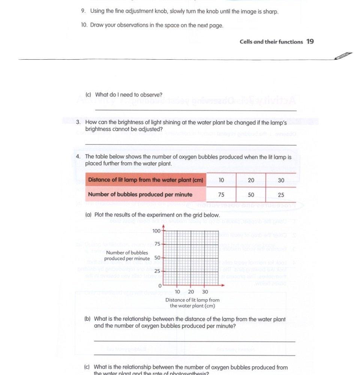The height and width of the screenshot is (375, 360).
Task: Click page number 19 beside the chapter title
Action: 310,42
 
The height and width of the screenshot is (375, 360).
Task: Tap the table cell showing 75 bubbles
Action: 221,195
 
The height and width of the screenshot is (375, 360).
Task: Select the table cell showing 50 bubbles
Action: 251,195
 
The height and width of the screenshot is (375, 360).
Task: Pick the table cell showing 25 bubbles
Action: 281,195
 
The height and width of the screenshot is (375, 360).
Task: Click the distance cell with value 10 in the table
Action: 221,180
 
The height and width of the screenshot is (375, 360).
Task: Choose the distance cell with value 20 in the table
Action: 251,180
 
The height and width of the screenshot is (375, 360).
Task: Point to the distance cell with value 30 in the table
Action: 281,180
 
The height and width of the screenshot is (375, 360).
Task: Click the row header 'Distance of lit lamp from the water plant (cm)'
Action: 145,180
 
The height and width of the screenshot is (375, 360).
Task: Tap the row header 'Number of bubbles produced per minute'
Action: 140,195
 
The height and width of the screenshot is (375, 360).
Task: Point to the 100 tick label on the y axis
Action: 156,230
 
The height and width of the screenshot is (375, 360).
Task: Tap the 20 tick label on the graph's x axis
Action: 191,292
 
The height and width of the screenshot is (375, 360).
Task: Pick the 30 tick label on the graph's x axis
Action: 205,292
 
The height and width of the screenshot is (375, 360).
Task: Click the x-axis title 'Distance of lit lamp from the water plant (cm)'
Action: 192,303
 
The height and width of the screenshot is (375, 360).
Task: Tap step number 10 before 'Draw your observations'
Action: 84,25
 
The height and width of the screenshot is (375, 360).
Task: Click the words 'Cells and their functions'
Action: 271,42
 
